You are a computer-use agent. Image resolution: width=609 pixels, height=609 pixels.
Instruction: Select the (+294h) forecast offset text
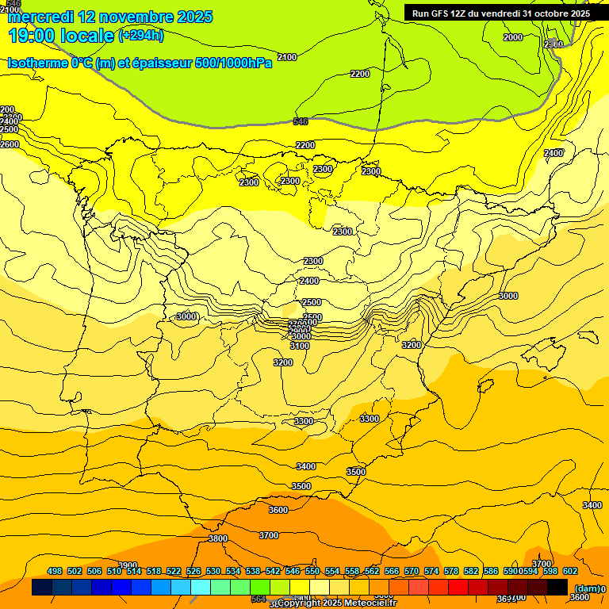(140, 35)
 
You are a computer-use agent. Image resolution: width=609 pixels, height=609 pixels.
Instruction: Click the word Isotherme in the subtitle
(36, 63)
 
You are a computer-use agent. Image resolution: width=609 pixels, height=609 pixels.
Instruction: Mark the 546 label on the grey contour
(301, 121)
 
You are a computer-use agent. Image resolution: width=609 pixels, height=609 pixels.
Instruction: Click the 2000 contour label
(513, 37)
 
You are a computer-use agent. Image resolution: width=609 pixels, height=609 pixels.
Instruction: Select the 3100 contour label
(300, 346)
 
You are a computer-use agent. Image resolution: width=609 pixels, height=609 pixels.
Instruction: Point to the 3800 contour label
(218, 538)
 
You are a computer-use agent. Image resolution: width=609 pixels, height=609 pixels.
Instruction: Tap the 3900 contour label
(128, 565)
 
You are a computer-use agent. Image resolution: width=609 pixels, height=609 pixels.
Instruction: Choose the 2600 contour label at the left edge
(10, 144)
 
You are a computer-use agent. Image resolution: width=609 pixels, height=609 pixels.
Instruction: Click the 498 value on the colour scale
(55, 571)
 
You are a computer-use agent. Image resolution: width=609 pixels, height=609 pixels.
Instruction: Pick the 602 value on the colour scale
(570, 571)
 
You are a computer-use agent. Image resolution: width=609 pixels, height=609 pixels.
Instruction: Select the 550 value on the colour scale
(312, 571)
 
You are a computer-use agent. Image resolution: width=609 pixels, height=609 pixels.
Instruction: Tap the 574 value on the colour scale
(431, 571)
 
